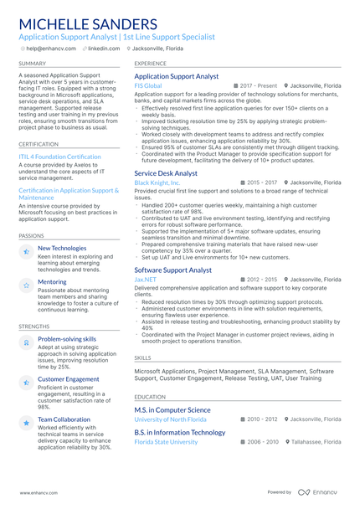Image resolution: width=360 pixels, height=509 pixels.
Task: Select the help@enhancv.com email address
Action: coord(53,49)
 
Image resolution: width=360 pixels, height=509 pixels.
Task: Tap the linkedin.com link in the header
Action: coord(104,49)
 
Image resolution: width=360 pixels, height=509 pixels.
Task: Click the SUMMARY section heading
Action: coord(33,64)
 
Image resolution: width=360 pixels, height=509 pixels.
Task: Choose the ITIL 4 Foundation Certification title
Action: coord(59,157)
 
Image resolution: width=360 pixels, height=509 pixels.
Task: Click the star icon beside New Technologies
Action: coord(27,251)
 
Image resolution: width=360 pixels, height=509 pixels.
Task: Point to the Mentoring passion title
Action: coord(52,282)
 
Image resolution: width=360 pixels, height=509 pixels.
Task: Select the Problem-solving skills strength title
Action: coord(67,339)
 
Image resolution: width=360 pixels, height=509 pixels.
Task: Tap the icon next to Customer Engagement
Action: coord(27,382)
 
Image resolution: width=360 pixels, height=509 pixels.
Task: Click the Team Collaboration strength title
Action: coord(64,419)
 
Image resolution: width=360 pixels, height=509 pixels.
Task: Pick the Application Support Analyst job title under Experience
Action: coord(176,76)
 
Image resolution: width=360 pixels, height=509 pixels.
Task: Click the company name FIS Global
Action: coord(148,86)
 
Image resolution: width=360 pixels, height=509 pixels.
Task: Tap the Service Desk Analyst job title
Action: coord(166,173)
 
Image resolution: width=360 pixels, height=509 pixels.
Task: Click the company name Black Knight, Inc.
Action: coord(157,183)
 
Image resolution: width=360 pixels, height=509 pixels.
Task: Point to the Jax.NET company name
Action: coord(145,280)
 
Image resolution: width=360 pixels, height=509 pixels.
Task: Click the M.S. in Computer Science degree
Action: coord(172,409)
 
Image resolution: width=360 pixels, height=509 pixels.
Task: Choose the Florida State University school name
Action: coord(167,441)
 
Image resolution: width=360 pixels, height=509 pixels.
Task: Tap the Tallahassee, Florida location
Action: coord(316,441)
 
